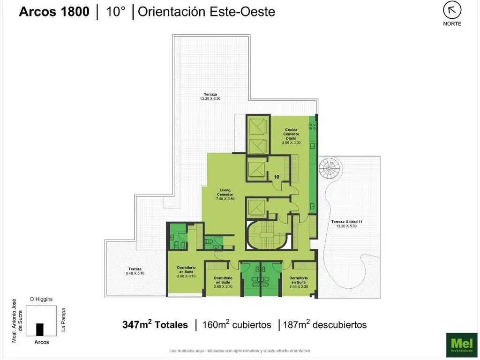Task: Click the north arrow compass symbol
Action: (452, 10)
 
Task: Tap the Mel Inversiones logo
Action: (462, 345)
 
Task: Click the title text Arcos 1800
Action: (54, 12)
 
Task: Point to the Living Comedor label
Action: (225, 195)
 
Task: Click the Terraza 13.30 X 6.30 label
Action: (210, 97)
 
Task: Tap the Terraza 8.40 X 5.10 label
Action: (135, 271)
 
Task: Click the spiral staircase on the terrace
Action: (329, 168)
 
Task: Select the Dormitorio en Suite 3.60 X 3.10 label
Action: (186, 271)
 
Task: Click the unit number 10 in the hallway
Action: (276, 177)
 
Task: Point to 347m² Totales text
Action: (155, 324)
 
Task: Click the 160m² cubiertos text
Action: (237, 324)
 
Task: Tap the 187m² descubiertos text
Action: (324, 324)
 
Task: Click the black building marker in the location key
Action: (40, 330)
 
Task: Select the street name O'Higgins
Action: (41, 299)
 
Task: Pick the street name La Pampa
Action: (63, 320)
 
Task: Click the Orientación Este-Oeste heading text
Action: (206, 12)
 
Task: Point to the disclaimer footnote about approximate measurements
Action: (240, 351)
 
